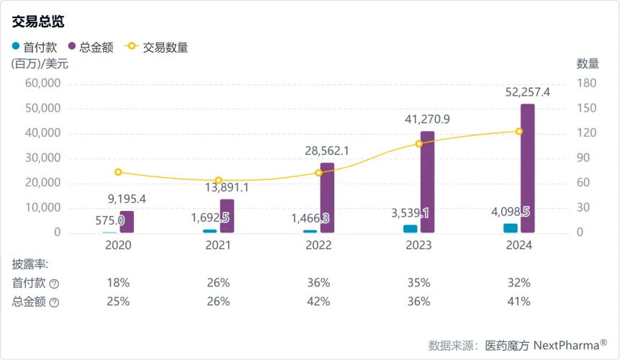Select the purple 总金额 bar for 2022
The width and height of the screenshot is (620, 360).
tap(327, 198)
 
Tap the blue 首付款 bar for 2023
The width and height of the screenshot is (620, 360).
tap(410, 229)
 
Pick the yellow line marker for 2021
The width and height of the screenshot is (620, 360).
tap(218, 181)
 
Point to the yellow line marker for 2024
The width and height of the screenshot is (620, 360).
tap(519, 131)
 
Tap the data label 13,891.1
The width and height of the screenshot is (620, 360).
tap(226, 187)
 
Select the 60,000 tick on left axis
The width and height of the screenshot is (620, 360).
tap(45, 84)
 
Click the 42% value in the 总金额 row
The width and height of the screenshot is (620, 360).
tap(318, 302)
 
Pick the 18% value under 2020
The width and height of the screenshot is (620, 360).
tap(118, 282)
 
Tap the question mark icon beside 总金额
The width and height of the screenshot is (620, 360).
tap(54, 302)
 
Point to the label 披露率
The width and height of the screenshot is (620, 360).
tap(30, 264)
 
